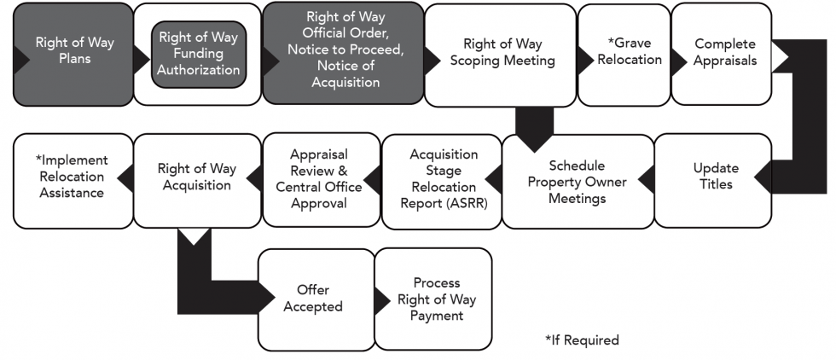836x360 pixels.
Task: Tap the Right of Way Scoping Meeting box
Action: (502, 52)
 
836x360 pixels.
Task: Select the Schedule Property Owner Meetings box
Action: (577, 182)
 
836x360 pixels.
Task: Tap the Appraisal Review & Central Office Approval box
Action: (318, 178)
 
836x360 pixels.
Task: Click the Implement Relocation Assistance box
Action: (70, 176)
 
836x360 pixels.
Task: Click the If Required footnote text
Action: (582, 340)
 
